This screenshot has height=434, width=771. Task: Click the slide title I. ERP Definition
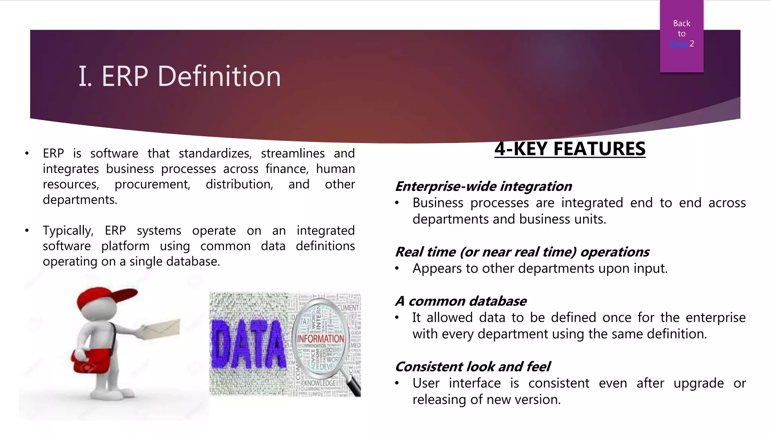click(180, 76)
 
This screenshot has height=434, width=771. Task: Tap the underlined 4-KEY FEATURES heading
click(570, 149)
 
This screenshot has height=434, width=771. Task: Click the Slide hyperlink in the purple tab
click(678, 44)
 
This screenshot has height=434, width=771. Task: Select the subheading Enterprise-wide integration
click(483, 186)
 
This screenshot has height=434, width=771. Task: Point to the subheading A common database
click(460, 301)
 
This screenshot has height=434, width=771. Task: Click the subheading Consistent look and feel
click(472, 367)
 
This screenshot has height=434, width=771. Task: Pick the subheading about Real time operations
click(522, 252)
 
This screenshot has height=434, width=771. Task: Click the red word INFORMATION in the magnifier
click(320, 339)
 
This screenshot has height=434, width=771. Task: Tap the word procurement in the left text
click(152, 185)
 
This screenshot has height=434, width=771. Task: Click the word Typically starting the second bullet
click(68, 231)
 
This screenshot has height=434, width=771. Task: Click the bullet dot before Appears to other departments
click(397, 269)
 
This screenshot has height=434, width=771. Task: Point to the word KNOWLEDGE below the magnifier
click(320, 383)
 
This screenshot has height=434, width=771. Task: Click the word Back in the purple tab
click(681, 23)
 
